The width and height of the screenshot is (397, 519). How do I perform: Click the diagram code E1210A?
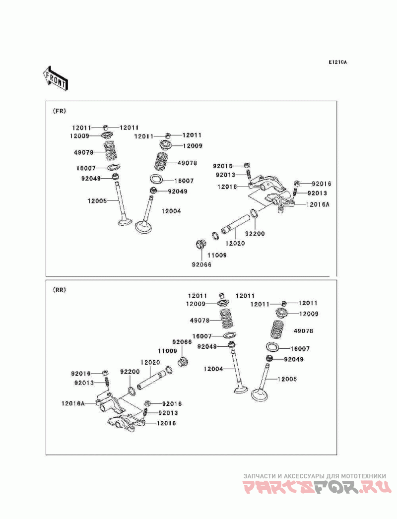coord(337,63)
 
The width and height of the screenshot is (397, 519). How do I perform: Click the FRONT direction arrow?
coord(55,77)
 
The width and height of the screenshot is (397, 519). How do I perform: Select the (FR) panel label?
coord(59,111)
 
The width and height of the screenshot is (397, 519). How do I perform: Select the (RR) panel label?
coord(59,289)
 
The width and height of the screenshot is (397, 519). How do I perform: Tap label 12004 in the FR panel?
coord(171,211)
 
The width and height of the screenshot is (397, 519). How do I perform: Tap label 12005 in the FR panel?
coord(97,201)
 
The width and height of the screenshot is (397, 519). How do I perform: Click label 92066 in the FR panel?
coord(202,264)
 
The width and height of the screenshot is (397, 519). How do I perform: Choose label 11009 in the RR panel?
coord(168,350)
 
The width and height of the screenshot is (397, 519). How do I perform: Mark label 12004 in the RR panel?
coord(213,369)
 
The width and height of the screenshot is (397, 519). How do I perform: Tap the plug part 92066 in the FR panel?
coord(201,245)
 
